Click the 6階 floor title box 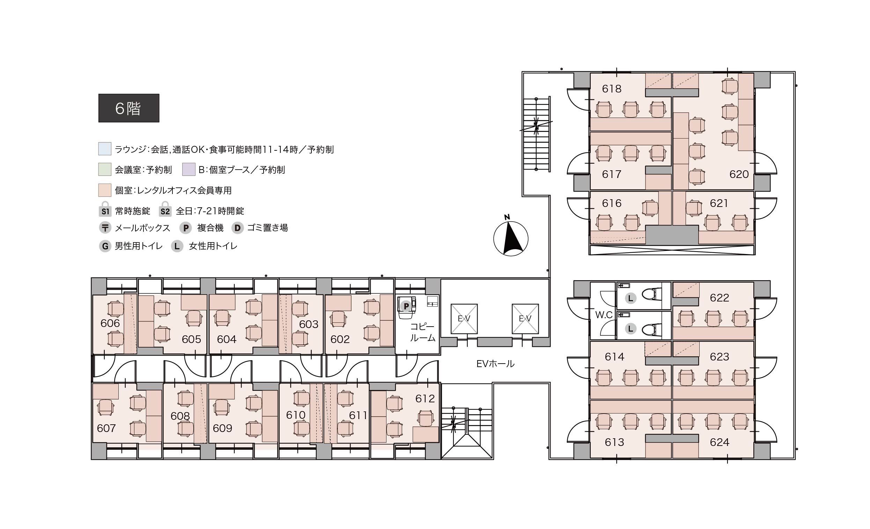click(x=129, y=108)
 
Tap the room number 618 click(x=612, y=89)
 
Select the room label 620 click(x=739, y=174)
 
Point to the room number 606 click(x=110, y=323)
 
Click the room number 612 click(x=425, y=398)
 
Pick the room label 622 click(x=719, y=298)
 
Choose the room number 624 click(x=719, y=442)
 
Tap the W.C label click(x=604, y=315)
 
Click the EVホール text click(x=495, y=364)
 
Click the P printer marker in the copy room click(x=406, y=306)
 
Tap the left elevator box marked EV click(x=464, y=319)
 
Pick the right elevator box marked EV click(x=525, y=319)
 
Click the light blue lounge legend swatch click(x=105, y=149)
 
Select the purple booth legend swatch click(x=189, y=169)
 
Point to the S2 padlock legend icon click(x=165, y=209)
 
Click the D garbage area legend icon click(x=238, y=228)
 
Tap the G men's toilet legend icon click(x=105, y=246)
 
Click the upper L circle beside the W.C click(x=630, y=298)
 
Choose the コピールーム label click(x=422, y=332)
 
